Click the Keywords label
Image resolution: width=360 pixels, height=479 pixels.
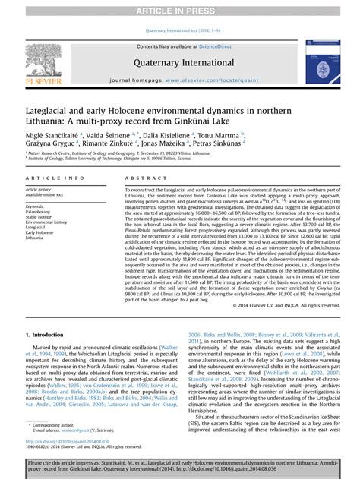click(35, 206)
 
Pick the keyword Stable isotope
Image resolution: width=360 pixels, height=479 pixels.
click(40, 217)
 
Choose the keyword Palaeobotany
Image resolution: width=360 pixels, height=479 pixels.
click(40, 212)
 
